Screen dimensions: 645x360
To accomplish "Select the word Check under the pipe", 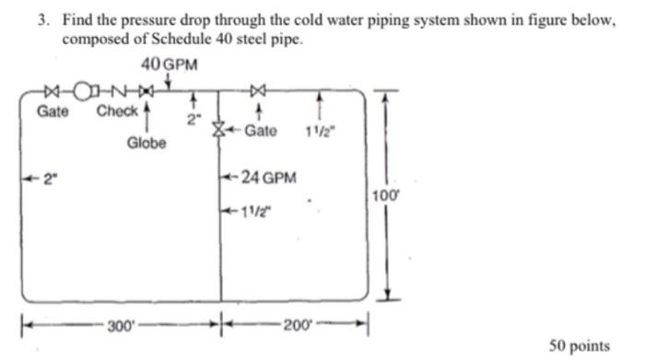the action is click(x=116, y=112).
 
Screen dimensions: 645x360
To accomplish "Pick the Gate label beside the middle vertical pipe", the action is click(x=261, y=131).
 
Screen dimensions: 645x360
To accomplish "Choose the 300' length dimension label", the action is click(x=119, y=325).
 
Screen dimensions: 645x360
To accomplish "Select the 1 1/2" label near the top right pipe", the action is click(x=322, y=131).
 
